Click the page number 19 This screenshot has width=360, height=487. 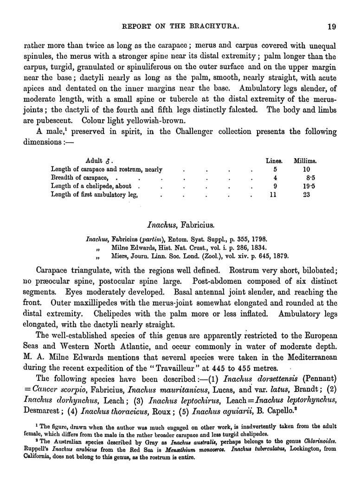click(331, 26)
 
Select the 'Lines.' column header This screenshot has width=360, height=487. click(274, 161)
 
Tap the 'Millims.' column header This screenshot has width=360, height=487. click(305, 161)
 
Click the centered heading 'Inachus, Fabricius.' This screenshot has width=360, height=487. click(180, 226)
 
